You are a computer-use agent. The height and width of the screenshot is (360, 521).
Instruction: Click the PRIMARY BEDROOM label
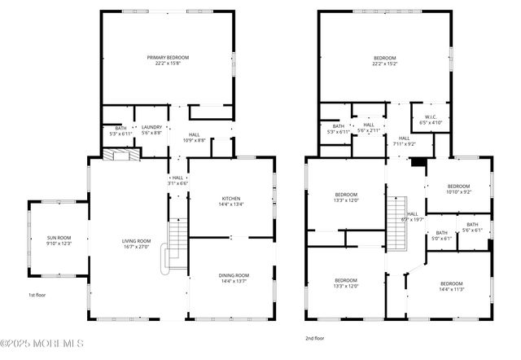click(x=168, y=58)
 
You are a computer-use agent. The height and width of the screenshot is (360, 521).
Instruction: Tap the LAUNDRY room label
click(x=151, y=127)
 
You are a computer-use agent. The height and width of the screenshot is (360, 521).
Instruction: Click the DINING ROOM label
click(x=234, y=276)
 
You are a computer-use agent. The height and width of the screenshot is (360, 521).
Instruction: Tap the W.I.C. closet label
click(x=431, y=116)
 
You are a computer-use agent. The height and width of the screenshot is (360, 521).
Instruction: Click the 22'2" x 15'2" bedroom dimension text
click(x=385, y=64)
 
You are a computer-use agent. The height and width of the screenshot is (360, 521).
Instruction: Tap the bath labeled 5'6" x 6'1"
click(x=472, y=227)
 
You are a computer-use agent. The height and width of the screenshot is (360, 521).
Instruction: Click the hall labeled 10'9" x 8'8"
click(x=194, y=137)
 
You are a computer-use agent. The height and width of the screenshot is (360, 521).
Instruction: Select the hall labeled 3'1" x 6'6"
click(x=177, y=180)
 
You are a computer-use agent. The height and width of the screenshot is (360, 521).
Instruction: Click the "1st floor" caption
click(x=37, y=294)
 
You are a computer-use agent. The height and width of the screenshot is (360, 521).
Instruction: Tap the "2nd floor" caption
click(x=313, y=336)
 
